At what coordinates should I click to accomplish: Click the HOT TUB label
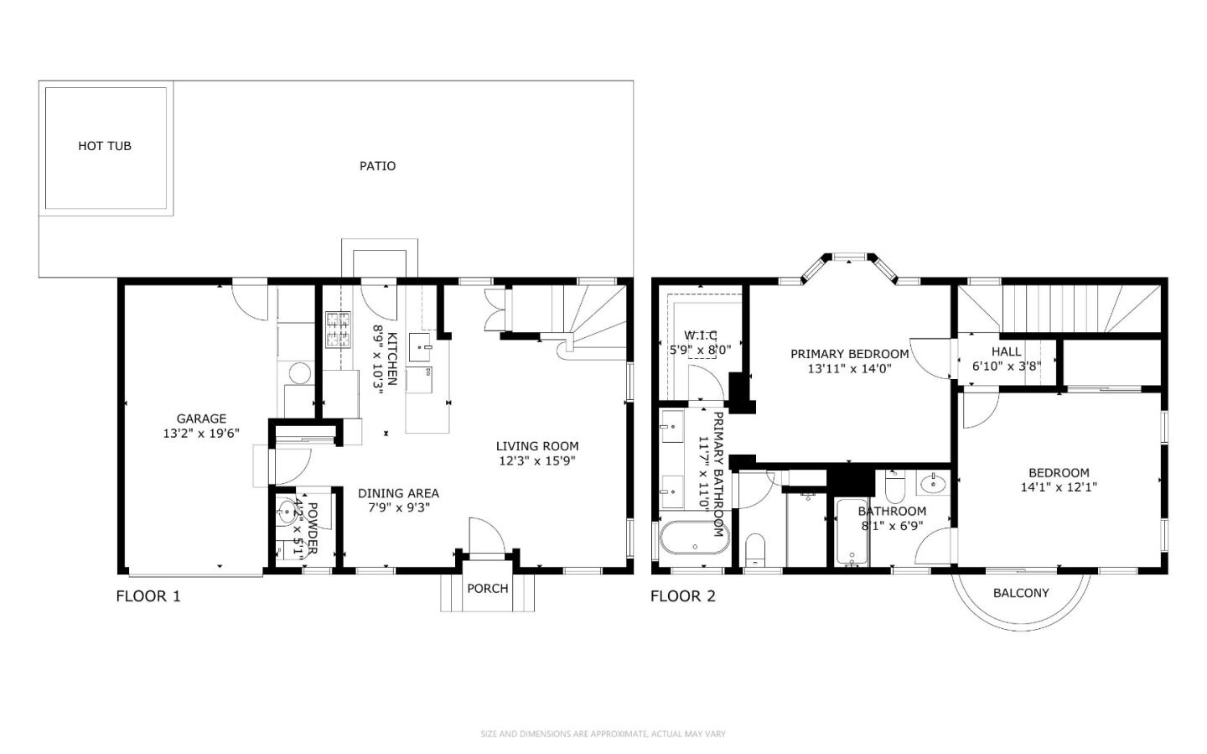(105, 146)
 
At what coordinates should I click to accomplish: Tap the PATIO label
(377, 166)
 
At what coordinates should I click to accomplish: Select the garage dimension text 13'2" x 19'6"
(201, 434)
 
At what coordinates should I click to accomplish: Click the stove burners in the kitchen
(338, 329)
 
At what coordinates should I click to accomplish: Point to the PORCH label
(487, 589)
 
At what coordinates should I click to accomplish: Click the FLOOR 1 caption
(148, 596)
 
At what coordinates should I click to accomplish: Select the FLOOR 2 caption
(683, 596)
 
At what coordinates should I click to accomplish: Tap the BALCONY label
(1021, 593)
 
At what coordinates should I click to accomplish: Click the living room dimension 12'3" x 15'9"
(536, 460)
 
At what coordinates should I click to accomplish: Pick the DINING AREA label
(398, 493)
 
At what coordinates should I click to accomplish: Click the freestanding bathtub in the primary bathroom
(694, 538)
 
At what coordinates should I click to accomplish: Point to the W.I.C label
(700, 335)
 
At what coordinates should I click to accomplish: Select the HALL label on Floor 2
(1006, 351)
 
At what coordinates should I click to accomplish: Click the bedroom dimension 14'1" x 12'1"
(1059, 486)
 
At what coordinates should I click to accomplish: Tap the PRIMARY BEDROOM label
(849, 354)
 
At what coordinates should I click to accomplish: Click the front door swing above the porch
(485, 537)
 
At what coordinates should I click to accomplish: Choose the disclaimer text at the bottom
(603, 734)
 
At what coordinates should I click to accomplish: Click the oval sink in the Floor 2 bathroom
(932, 483)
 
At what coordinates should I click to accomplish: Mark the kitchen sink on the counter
(420, 345)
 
